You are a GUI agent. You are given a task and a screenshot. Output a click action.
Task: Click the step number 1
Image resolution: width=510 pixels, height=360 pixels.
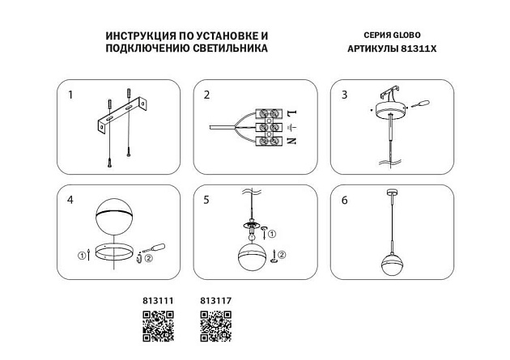70,95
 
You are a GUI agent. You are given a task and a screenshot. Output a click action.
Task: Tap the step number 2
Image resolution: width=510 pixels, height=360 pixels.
206,95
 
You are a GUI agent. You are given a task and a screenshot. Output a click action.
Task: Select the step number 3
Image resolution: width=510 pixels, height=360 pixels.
344,95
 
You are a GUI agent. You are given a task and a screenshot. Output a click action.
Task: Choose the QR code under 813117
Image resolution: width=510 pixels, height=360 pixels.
215,327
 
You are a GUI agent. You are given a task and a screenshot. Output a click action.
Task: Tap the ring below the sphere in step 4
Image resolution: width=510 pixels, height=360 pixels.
113,252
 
